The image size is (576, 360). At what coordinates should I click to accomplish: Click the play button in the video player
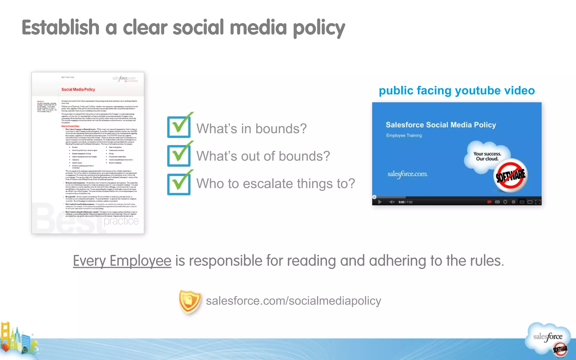(x=380, y=202)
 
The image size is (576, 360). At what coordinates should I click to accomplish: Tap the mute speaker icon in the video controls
(x=392, y=202)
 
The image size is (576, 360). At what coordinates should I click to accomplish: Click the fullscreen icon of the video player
(x=538, y=202)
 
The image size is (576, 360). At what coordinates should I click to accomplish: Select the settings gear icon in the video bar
(x=505, y=202)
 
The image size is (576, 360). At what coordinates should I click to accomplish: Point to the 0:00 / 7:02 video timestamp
(x=405, y=202)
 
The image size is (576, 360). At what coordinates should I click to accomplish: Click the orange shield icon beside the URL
(x=190, y=302)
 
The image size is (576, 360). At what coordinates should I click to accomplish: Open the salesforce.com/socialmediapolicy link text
(x=293, y=301)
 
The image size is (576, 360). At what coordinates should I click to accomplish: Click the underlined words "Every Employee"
(x=122, y=261)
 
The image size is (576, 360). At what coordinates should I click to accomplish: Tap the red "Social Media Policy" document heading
(x=78, y=89)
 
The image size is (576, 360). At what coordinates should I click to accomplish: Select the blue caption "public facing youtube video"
(x=457, y=90)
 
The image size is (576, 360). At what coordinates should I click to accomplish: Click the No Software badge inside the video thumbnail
(x=510, y=175)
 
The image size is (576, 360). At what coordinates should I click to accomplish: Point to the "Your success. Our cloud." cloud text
(x=487, y=156)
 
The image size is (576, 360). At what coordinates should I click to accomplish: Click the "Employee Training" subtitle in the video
(x=404, y=135)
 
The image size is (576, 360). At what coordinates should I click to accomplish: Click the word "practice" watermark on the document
(x=121, y=221)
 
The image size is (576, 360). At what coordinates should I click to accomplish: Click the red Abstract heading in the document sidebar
(x=40, y=101)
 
